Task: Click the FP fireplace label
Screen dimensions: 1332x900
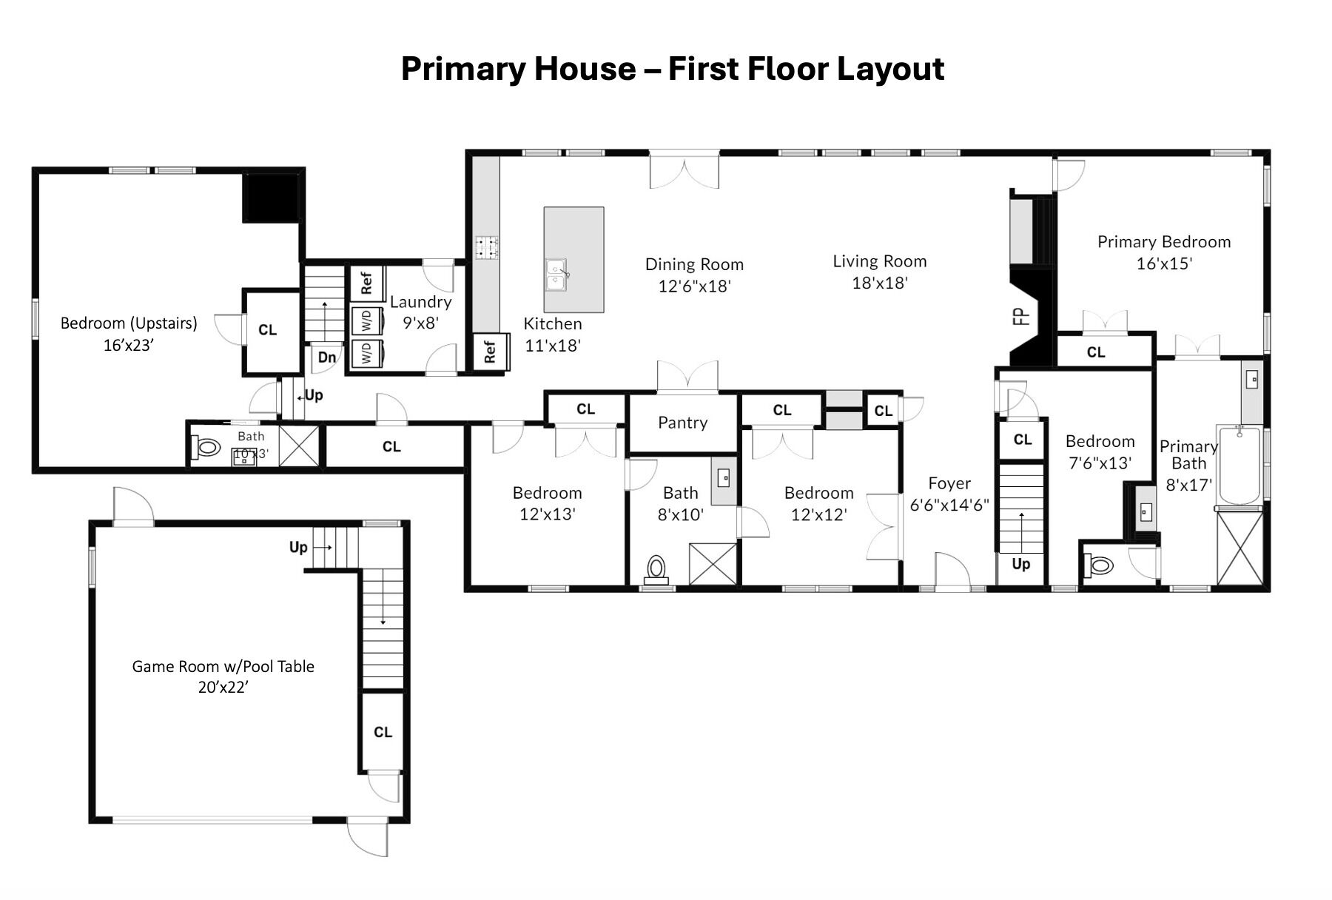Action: tap(1021, 317)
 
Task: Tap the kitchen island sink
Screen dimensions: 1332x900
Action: tap(556, 275)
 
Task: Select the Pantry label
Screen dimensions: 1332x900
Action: tap(683, 423)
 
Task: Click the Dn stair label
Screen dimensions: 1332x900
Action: tap(327, 357)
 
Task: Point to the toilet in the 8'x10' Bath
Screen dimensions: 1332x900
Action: tap(656, 568)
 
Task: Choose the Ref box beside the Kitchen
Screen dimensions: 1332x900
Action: tap(489, 352)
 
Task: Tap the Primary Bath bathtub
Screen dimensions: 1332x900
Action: tap(1239, 466)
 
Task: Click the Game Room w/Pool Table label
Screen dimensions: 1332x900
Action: tap(223, 666)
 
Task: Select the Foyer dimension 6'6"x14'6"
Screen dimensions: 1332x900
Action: tap(949, 506)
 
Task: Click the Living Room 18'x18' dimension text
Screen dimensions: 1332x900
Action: tap(880, 283)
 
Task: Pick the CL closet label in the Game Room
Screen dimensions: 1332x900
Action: tap(383, 732)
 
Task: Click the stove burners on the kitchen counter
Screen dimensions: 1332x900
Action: tap(486, 247)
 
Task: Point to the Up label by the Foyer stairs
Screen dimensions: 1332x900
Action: tap(1021, 564)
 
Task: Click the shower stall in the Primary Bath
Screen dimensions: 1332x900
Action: tap(1239, 548)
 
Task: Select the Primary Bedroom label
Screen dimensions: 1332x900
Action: tap(1164, 242)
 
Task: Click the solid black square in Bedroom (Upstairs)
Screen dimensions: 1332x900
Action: tap(271, 198)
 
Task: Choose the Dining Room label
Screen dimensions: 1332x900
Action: tap(694, 264)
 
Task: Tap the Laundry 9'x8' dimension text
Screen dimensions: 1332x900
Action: tap(421, 323)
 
